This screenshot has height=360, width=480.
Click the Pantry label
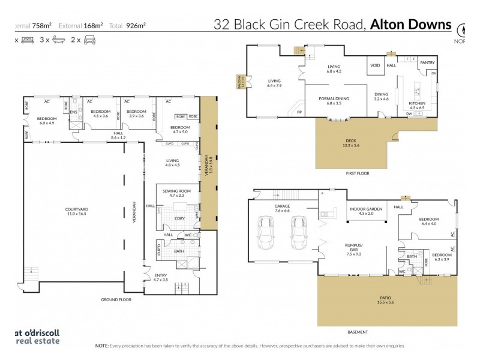click(x=427, y=62)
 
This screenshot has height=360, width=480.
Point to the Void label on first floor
click(x=376, y=65)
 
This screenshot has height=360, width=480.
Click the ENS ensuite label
click(x=74, y=112)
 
